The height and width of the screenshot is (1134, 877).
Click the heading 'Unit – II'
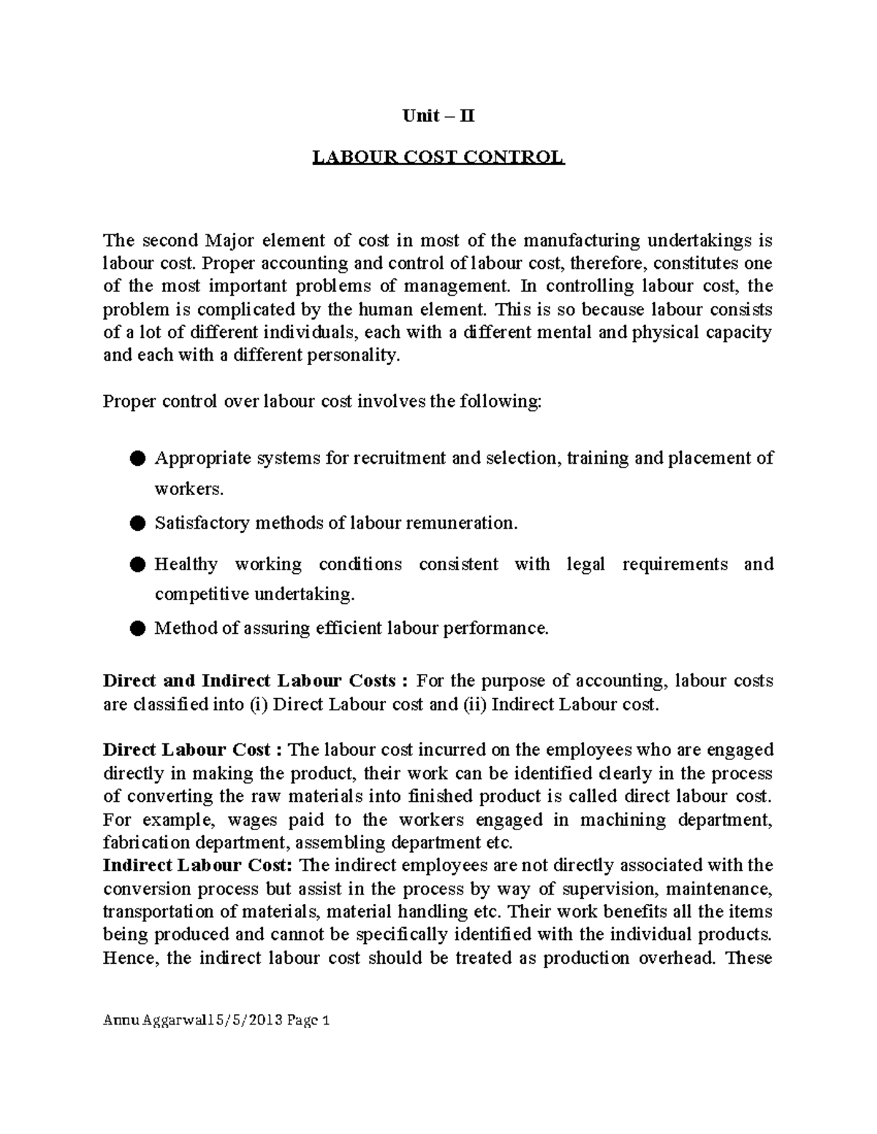point(438,116)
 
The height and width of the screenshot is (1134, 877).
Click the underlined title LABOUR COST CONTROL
point(438,158)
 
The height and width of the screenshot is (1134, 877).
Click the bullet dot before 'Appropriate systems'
point(137,458)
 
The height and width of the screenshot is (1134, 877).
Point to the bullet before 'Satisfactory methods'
point(137,523)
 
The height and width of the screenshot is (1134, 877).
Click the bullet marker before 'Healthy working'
point(137,564)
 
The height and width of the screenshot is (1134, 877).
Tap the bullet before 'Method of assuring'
point(137,628)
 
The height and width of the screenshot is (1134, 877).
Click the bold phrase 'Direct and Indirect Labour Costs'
point(249,681)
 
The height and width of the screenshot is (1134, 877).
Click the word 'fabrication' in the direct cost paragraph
point(145,842)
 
